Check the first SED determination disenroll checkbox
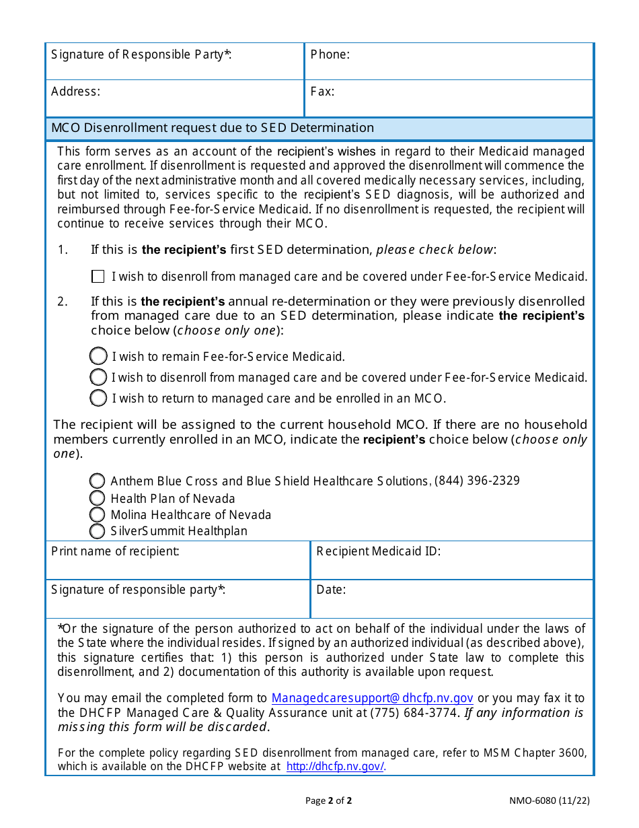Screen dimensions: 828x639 pos(98,277)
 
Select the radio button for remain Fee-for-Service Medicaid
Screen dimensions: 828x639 pos(98,356)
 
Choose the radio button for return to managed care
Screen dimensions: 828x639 pos(98,398)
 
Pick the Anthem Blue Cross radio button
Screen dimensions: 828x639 pos(98,481)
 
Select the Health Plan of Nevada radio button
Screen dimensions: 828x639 pos(98,498)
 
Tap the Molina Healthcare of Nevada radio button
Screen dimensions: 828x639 pos(98,515)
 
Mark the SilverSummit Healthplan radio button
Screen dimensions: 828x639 pos(98,531)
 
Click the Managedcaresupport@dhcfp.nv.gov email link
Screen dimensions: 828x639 pos(372,698)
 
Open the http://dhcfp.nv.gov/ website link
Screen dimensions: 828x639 pos(336,766)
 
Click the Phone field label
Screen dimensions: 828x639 pos(330,55)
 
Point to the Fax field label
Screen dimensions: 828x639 pos(322,92)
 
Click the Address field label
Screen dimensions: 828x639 pos(75,92)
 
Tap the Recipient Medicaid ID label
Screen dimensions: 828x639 pos(378,551)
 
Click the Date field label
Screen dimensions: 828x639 pos(331,590)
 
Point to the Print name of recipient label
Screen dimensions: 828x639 pos(115,551)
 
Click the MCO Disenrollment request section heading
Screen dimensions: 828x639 pos(213,128)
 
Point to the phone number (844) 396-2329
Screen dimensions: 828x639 pos(477,481)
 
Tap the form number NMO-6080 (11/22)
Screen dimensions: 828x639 pos(550,800)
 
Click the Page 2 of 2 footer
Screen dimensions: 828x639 pos(328,800)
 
